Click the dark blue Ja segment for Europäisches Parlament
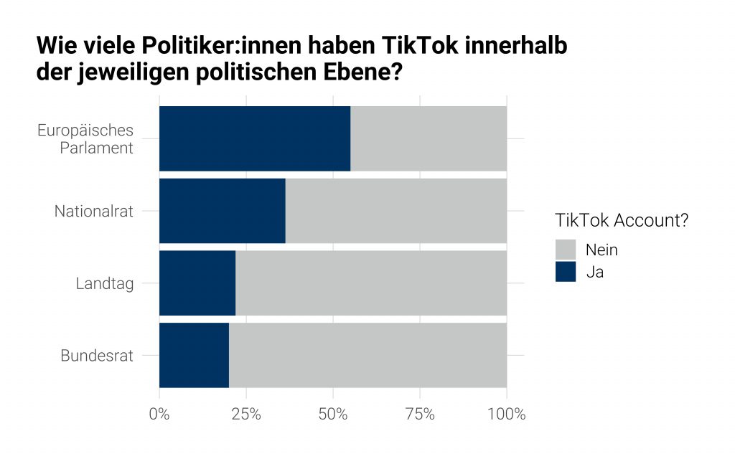(x=255, y=138)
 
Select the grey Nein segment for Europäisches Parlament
(x=429, y=138)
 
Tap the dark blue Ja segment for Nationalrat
(x=222, y=211)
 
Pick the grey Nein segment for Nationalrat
(x=395, y=211)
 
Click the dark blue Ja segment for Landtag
(x=197, y=283)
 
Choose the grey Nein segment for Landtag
(x=371, y=283)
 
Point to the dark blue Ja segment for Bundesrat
(x=194, y=356)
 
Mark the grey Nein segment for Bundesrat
(x=367, y=356)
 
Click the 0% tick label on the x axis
(x=159, y=415)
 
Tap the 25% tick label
(x=246, y=415)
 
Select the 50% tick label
(x=333, y=415)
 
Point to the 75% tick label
(x=420, y=415)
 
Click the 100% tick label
(x=507, y=415)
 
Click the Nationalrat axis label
(x=94, y=212)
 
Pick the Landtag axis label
(x=105, y=284)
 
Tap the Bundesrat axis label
(x=97, y=356)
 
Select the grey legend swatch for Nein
(x=566, y=250)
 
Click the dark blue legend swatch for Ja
(x=566, y=272)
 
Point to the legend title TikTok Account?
(x=622, y=220)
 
